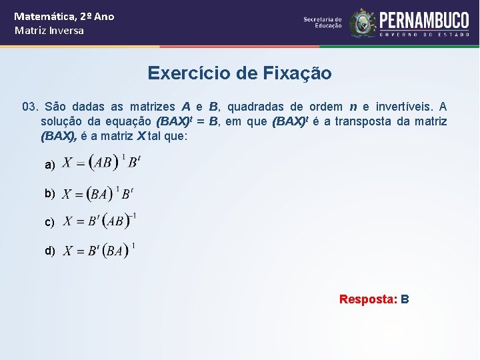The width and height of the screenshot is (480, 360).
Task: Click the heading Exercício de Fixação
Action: click(x=239, y=73)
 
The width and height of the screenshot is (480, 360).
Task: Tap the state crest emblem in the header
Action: click(x=363, y=23)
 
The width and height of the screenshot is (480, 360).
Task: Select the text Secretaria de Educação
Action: click(x=323, y=23)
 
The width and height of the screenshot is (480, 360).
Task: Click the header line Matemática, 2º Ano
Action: click(x=64, y=16)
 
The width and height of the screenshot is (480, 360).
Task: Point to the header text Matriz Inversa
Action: click(x=49, y=31)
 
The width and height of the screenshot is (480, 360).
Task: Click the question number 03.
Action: click(x=30, y=107)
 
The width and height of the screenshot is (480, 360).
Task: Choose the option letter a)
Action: click(x=49, y=164)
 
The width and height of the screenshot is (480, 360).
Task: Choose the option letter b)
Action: click(x=49, y=193)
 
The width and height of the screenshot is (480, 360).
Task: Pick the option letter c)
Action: click(x=49, y=222)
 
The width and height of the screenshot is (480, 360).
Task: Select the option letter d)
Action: click(x=49, y=251)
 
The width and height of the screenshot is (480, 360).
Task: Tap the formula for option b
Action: click(x=98, y=193)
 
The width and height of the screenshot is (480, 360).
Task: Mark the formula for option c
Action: click(x=100, y=221)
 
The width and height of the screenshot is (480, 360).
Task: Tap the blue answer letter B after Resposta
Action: click(x=405, y=299)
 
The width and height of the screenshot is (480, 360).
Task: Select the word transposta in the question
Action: click(x=363, y=121)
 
